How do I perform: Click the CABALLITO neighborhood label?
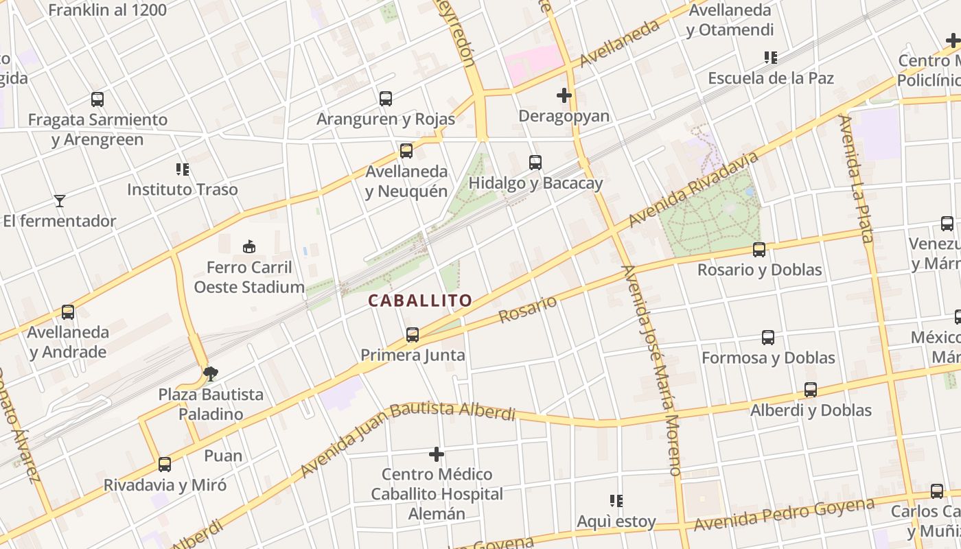coord(420,301)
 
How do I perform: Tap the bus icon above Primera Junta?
coord(412,335)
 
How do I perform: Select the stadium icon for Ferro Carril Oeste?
coord(249,246)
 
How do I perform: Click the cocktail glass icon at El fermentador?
coord(60,201)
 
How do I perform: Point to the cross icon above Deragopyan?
coord(564,95)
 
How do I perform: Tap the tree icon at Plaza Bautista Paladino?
coord(211,373)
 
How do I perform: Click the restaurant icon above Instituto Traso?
coord(182,169)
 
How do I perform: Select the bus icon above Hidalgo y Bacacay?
coord(535,163)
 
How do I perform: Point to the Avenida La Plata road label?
coord(855,179)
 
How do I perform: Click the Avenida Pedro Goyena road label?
coord(784,515)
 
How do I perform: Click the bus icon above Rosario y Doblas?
coord(759,250)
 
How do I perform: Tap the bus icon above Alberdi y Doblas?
coord(811,390)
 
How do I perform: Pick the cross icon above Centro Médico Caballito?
coord(437,454)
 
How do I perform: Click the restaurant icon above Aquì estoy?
coord(616,501)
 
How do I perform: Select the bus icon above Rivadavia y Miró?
coord(165,465)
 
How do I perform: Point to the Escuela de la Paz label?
coord(771,78)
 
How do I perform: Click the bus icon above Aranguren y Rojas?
coord(386,99)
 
